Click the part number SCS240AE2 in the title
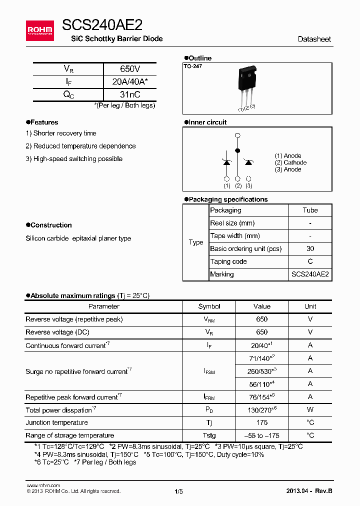point(102,25)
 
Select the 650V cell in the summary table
point(130,69)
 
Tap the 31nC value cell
point(130,94)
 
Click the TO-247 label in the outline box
point(192,66)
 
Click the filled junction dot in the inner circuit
point(237,150)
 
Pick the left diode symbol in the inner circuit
point(226,162)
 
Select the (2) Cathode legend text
point(290,162)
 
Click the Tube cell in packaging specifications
point(310,210)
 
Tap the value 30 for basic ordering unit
point(310,248)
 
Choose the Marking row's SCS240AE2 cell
point(310,274)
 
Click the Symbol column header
point(209,306)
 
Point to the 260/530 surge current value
point(260,371)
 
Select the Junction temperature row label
point(56,422)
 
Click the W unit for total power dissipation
point(310,410)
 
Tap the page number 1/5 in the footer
point(178,491)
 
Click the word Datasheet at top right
point(314,39)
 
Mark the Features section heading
point(44,122)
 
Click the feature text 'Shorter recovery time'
point(64,133)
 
